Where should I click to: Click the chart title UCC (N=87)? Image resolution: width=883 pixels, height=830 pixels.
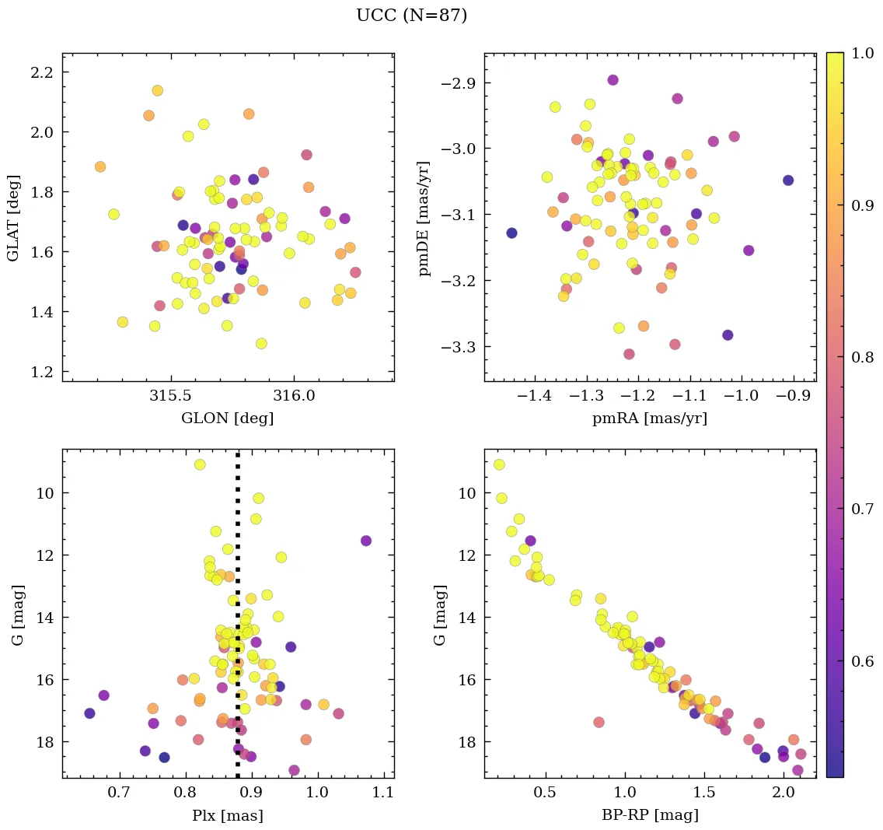click(x=411, y=16)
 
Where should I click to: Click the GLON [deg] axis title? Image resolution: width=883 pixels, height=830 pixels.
click(x=227, y=419)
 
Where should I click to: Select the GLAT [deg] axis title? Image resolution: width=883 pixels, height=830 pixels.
click(x=13, y=217)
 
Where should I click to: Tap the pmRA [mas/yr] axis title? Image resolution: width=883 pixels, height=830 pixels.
click(x=649, y=419)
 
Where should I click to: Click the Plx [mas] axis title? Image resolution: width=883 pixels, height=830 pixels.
click(x=227, y=816)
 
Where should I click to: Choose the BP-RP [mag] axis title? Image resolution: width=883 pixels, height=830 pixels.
click(x=649, y=816)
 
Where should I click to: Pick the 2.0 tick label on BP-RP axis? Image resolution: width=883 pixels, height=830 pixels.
click(x=784, y=793)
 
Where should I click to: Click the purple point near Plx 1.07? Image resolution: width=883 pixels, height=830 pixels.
click(x=365, y=541)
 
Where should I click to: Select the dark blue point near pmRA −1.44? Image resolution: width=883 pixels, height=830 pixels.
click(x=511, y=233)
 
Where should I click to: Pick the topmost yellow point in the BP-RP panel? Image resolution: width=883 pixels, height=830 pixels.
click(x=499, y=464)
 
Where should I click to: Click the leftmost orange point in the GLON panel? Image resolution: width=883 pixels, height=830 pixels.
click(x=99, y=166)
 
